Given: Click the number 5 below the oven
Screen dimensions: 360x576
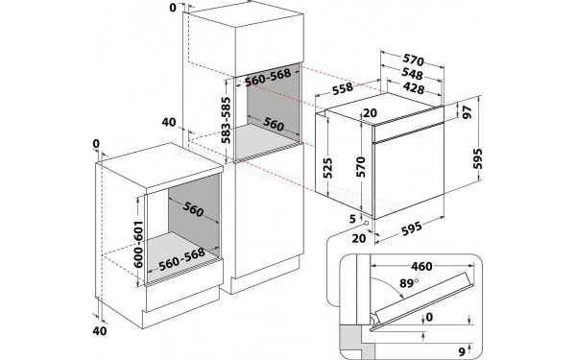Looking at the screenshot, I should (353, 218).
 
